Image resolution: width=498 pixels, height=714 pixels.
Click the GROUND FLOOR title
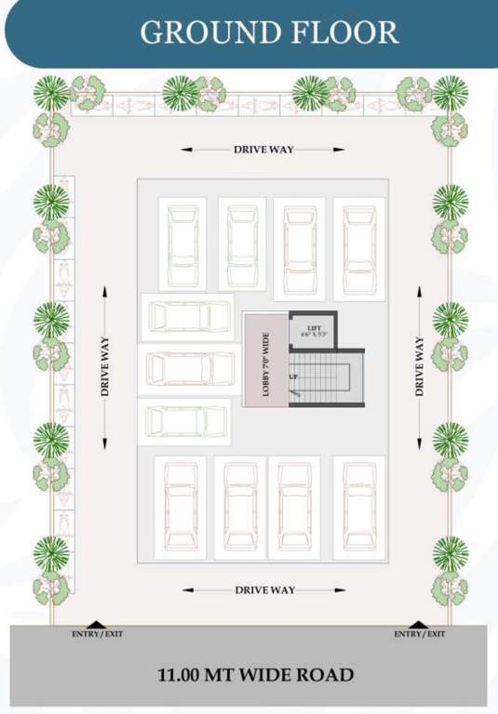(x=269, y=33)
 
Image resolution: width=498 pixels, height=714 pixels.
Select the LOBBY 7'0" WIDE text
(x=265, y=361)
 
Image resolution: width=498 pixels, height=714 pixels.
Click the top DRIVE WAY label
(x=263, y=149)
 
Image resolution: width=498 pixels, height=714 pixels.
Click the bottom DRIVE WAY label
(x=264, y=590)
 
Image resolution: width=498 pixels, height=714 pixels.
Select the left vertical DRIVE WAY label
(x=105, y=367)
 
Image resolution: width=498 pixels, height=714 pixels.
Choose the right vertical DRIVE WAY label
(x=420, y=367)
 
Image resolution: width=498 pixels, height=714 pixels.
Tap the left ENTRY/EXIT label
(x=97, y=635)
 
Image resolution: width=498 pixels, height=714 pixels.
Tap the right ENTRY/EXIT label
(x=419, y=635)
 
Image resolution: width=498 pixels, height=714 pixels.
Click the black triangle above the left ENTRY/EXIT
(x=96, y=624)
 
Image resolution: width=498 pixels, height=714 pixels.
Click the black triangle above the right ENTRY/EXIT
(x=418, y=624)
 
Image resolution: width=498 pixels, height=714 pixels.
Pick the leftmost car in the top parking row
(x=182, y=245)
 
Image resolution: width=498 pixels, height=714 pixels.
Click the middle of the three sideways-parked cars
(x=188, y=369)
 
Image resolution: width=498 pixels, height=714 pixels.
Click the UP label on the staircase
(x=294, y=377)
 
